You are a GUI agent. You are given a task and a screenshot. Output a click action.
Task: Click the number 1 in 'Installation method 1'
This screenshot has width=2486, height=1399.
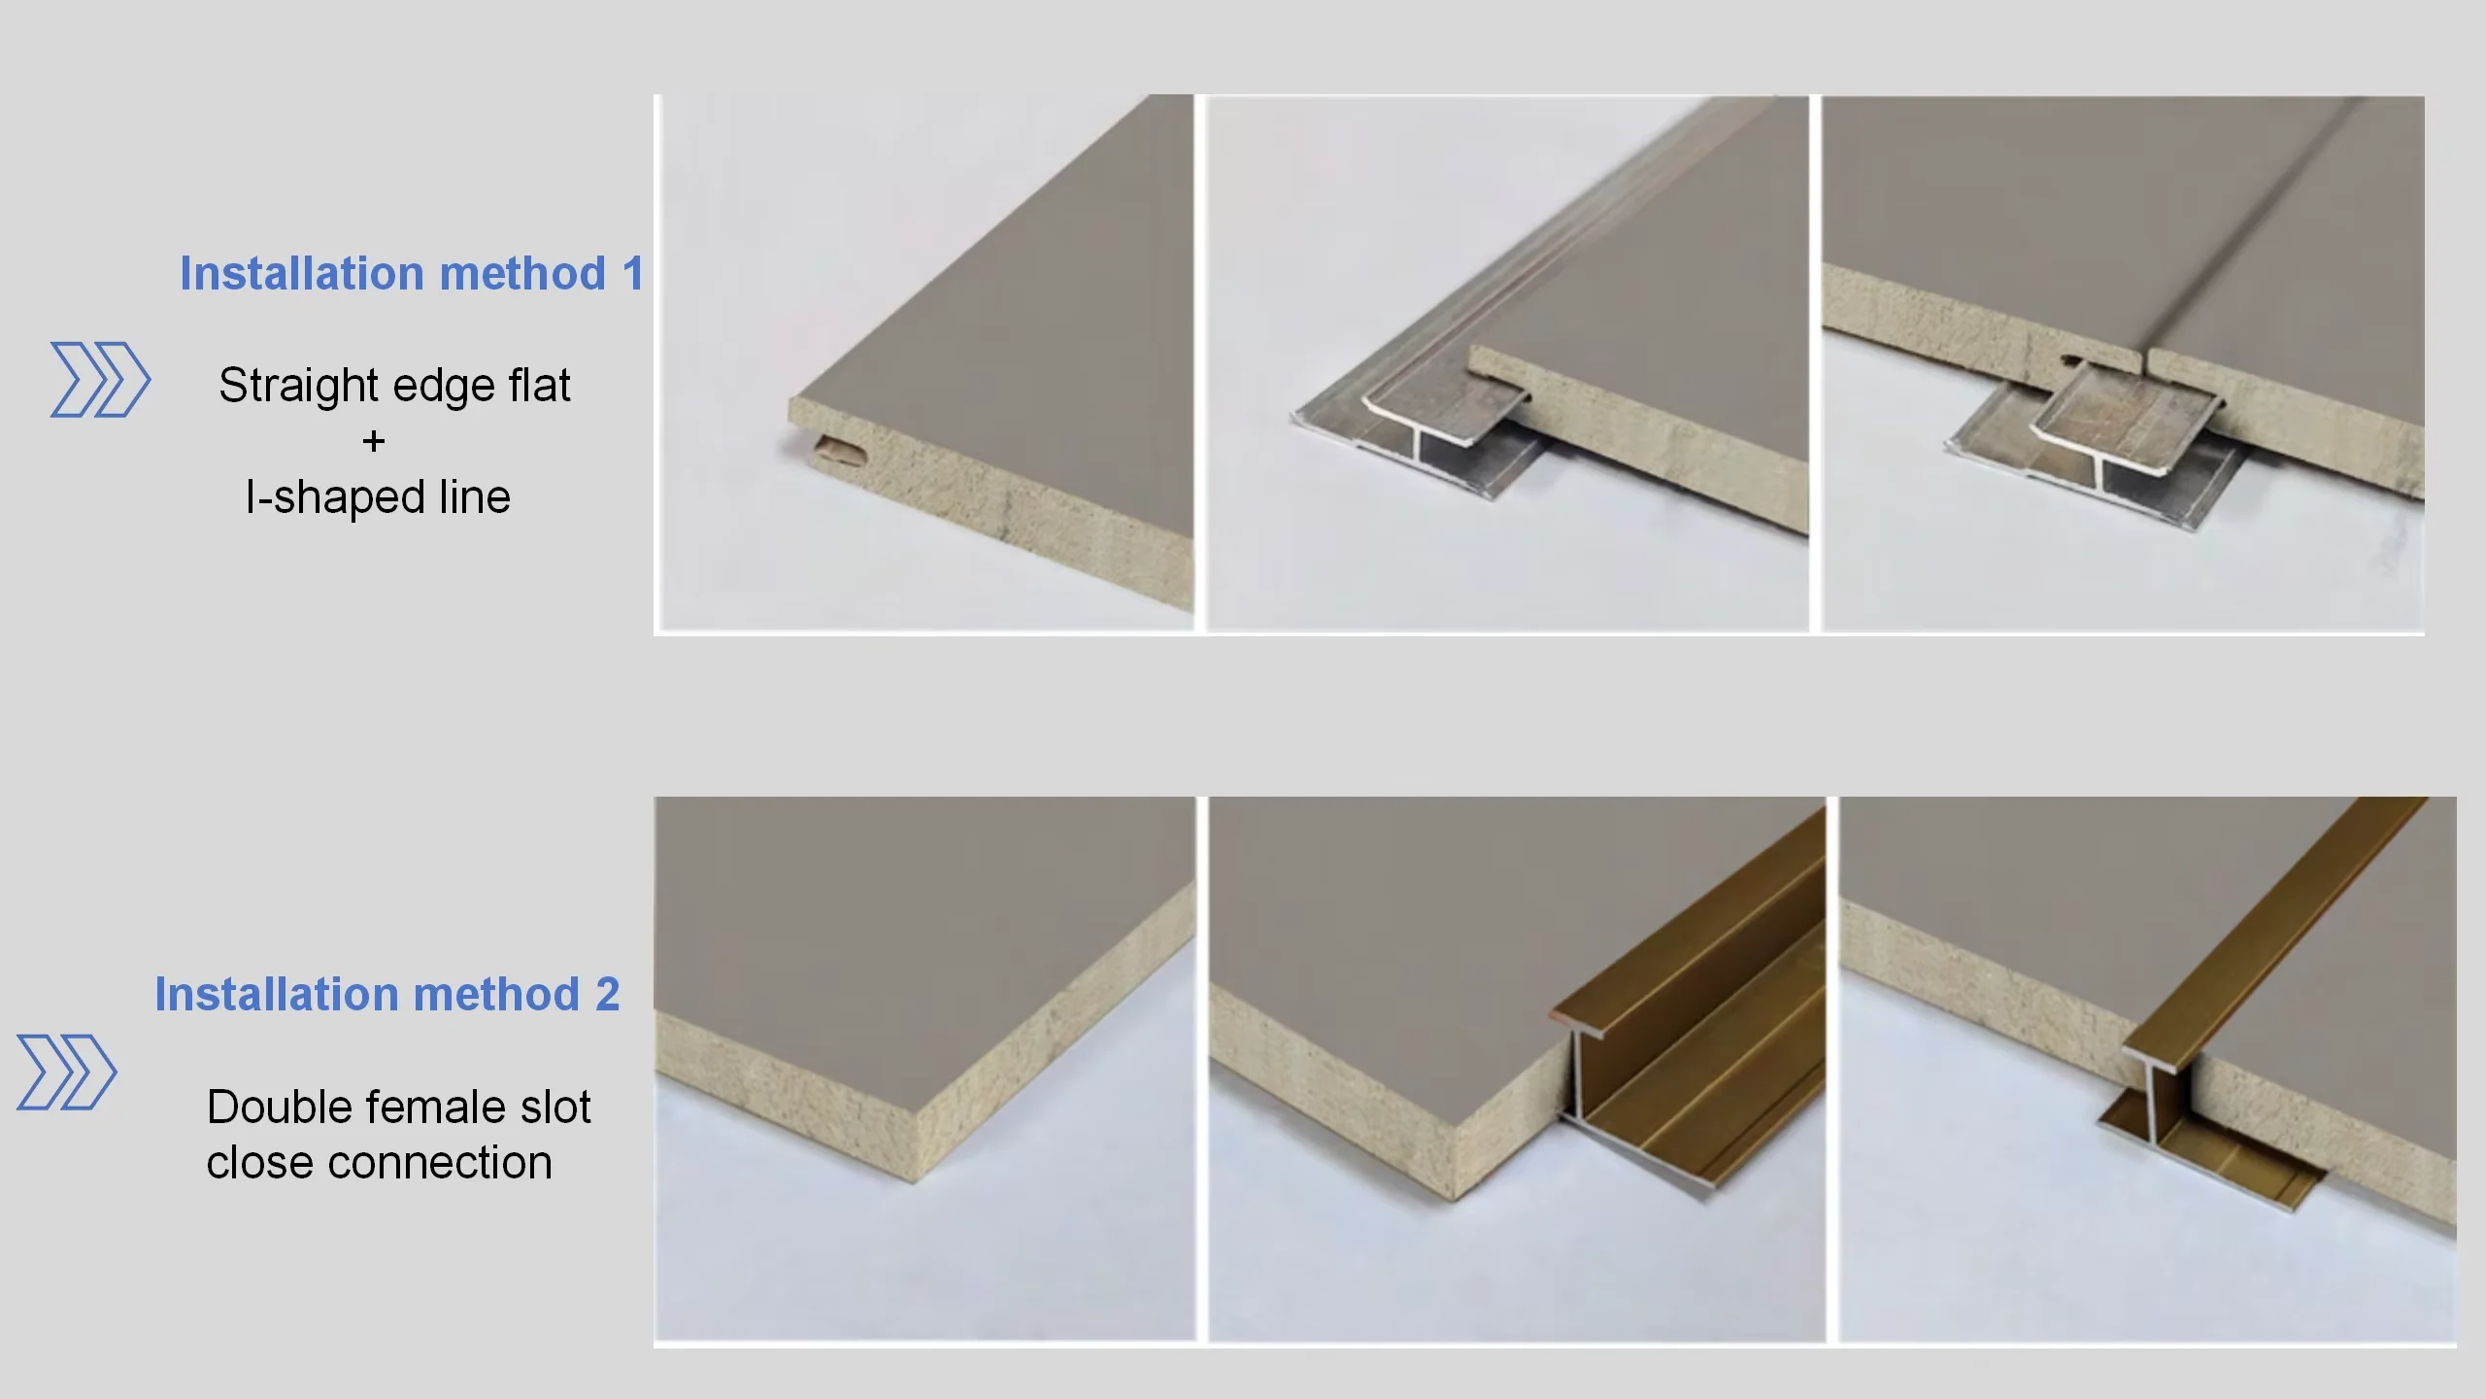[x=633, y=274]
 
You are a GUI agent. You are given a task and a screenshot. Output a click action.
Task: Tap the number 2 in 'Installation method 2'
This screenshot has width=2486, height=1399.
[x=608, y=995]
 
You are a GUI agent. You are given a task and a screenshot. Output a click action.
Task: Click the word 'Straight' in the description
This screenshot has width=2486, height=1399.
[x=299, y=386]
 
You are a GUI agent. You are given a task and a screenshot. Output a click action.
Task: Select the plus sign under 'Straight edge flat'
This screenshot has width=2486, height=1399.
[x=374, y=442]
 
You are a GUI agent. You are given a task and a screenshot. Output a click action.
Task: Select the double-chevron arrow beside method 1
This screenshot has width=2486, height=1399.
[x=100, y=380]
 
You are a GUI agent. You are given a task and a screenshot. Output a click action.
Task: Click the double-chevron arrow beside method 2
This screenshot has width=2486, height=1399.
[x=67, y=1073]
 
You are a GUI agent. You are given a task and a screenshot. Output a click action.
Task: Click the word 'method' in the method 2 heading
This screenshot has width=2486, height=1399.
[x=496, y=995]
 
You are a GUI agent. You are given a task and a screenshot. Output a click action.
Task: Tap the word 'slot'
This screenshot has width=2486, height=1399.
[x=555, y=1108]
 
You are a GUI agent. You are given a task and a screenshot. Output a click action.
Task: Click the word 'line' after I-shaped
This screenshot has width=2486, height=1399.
[x=475, y=497]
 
